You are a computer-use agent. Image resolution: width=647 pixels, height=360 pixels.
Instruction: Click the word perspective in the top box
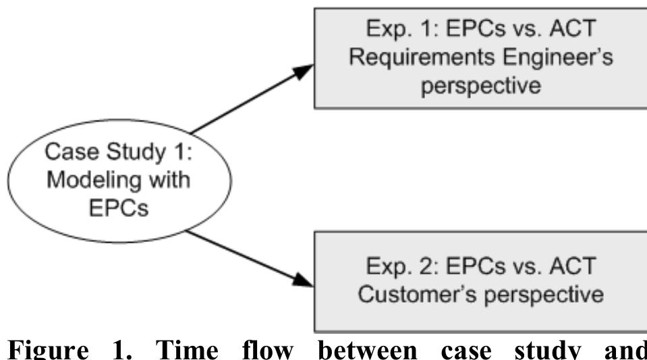(x=480, y=88)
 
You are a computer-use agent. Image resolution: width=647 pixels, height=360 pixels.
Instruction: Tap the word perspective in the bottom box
(x=540, y=295)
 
